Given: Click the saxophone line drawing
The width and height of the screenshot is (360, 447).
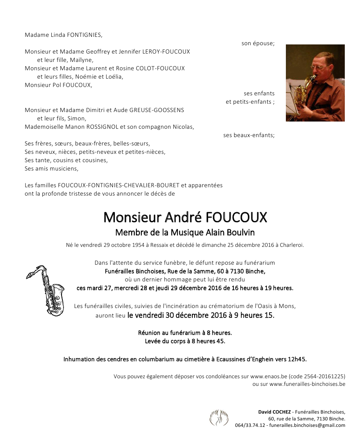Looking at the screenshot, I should pos(46,291).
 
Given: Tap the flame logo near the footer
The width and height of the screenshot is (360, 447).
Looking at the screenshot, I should pos(219,417).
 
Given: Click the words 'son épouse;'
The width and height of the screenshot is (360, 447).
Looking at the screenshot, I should pos(258,43).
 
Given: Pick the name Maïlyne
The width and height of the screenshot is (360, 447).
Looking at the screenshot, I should pos(81,60).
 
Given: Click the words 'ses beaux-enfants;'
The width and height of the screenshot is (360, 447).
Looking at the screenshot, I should pos(249,135).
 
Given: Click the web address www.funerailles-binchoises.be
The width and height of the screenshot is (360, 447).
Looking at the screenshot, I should pos(307,384).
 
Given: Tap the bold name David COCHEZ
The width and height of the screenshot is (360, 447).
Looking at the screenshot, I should pos(274,412).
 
